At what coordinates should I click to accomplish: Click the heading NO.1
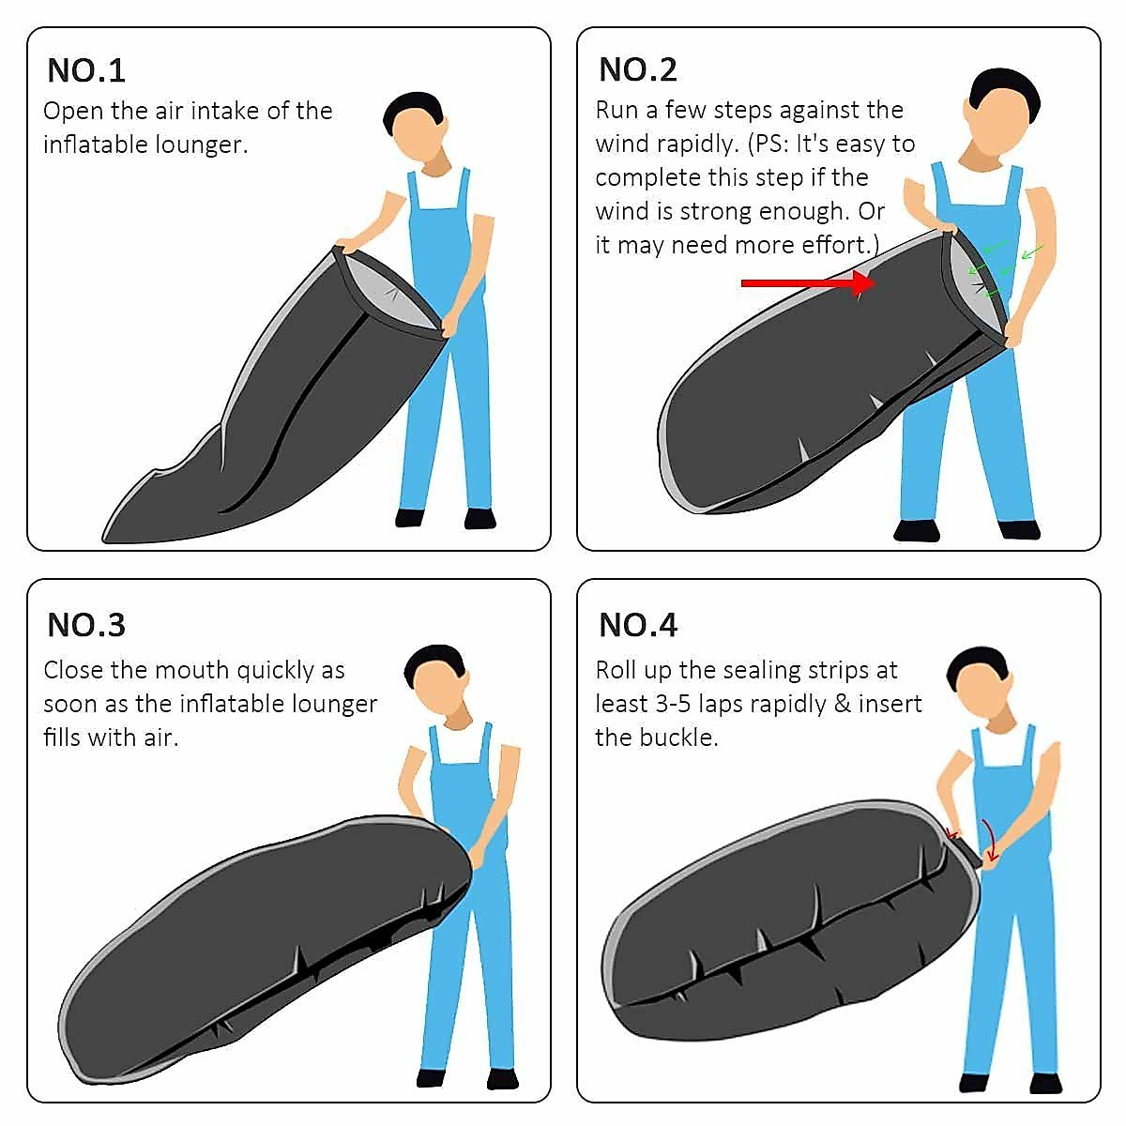[x=85, y=70]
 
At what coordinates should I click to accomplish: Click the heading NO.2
[x=637, y=69]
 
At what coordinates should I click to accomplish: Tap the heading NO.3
[x=85, y=624]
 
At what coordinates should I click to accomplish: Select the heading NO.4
[x=638, y=624]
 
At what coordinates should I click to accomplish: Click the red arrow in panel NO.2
[x=807, y=282]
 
